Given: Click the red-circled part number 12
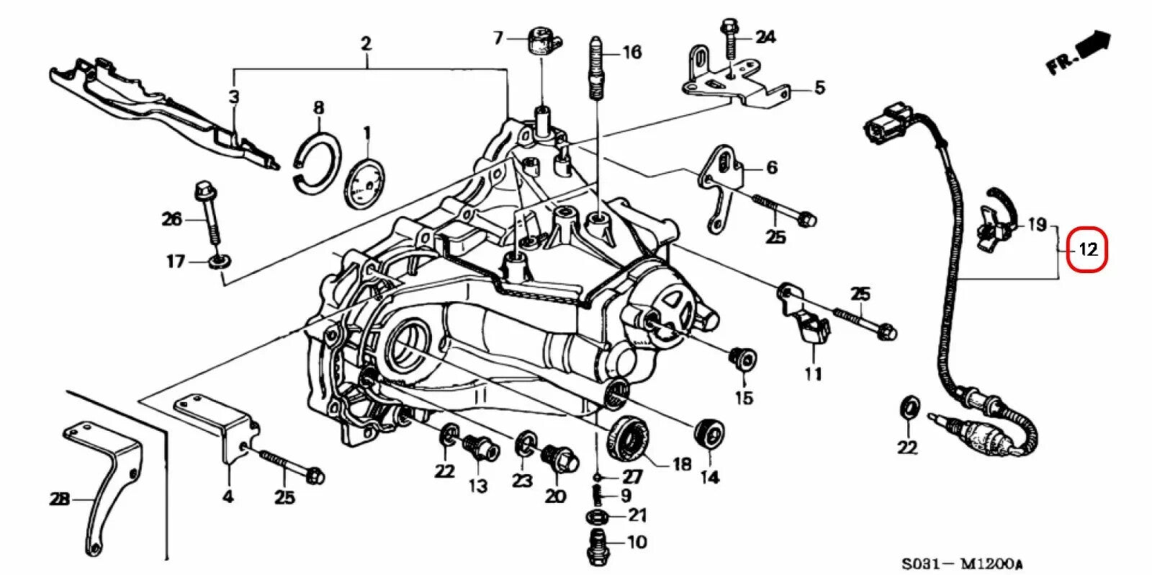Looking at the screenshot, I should click(x=1087, y=250).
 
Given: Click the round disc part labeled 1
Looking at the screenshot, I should click(x=366, y=184).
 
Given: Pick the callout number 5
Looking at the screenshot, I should click(x=819, y=89).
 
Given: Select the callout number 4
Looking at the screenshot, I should click(x=228, y=496).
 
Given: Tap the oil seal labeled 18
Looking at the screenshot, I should click(x=629, y=437).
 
